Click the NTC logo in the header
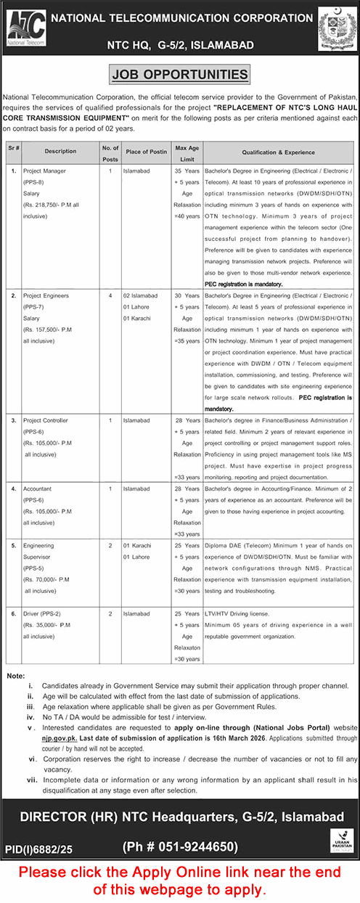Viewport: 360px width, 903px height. pos(26,30)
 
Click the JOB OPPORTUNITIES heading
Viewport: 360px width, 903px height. pos(179,74)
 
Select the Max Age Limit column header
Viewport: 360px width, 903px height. pos(187,151)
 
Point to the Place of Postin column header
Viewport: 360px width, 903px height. pos(144,151)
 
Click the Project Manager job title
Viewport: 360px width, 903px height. pos(46,170)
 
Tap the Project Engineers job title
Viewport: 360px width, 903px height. pos(47,297)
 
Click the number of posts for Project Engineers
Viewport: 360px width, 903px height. pos(110,297)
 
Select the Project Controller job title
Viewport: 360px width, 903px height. pos(47,420)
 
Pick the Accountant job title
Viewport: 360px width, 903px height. pos(39,489)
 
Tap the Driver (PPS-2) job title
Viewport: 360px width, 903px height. pos(45,613)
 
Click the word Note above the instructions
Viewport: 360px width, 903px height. pos(15,676)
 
